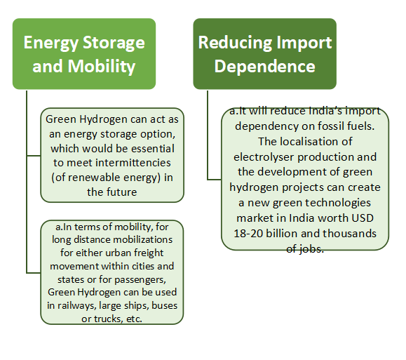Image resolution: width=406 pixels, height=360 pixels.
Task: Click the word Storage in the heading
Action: [x=114, y=43]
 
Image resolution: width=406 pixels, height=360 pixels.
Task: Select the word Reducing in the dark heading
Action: [x=235, y=43]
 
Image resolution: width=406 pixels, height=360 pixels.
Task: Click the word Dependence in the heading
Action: [x=264, y=66]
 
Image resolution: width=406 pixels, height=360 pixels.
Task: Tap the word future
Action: [x=123, y=192]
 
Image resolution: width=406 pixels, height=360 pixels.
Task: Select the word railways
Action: [x=77, y=305]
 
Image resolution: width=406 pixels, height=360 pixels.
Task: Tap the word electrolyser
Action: [x=264, y=157]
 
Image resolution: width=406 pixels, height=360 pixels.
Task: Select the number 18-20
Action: [x=248, y=234]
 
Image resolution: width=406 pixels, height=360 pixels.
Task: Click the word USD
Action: [x=363, y=218]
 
